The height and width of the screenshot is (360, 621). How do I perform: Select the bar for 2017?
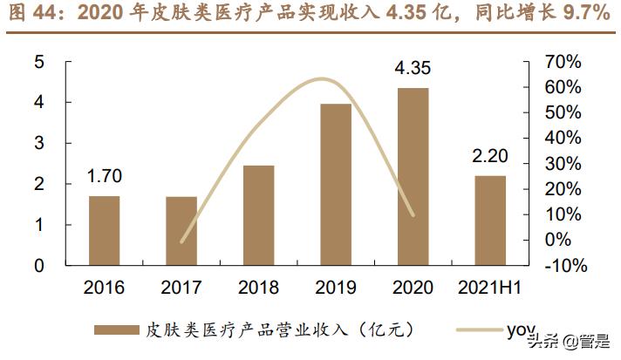(x=181, y=230)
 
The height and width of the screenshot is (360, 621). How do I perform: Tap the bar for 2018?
(x=258, y=214)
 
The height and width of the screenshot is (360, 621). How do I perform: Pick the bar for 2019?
(x=336, y=184)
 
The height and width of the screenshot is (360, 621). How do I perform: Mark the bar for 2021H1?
(x=490, y=220)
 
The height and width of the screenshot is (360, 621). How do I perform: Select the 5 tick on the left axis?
(x=39, y=62)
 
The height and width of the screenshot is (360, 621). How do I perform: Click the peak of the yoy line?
(x=323, y=79)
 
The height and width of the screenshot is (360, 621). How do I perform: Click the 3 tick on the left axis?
(x=39, y=143)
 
